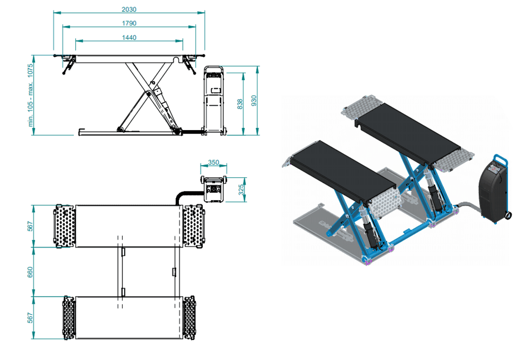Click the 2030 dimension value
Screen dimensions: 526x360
[x=129, y=9]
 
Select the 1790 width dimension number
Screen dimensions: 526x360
[x=129, y=23]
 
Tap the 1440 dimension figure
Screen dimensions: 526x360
[x=129, y=37]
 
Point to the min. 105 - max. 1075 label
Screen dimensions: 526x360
[x=31, y=95]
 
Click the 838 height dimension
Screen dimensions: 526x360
[x=240, y=104]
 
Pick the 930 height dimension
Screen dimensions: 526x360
[x=254, y=101]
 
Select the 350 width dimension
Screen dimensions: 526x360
[x=214, y=162]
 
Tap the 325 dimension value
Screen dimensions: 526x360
[x=241, y=190]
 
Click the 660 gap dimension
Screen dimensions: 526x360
[x=30, y=272]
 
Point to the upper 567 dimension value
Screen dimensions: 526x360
[x=30, y=226]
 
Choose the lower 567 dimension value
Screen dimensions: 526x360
[x=30, y=318]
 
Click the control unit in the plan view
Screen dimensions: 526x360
[x=214, y=189]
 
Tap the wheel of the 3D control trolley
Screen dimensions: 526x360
[x=508, y=215]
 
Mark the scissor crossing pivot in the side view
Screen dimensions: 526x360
[x=147, y=94]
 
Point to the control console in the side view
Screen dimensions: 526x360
[x=214, y=101]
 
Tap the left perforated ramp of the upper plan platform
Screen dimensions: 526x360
[x=64, y=226]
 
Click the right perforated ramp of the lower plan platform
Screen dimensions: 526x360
[x=189, y=318]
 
